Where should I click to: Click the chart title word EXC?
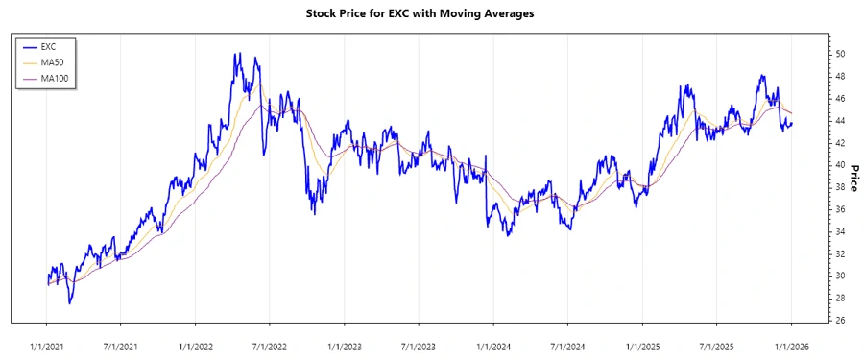tap(415, 14)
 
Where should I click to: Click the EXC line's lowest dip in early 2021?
tap(69, 303)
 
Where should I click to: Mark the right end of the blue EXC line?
tap(791, 122)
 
